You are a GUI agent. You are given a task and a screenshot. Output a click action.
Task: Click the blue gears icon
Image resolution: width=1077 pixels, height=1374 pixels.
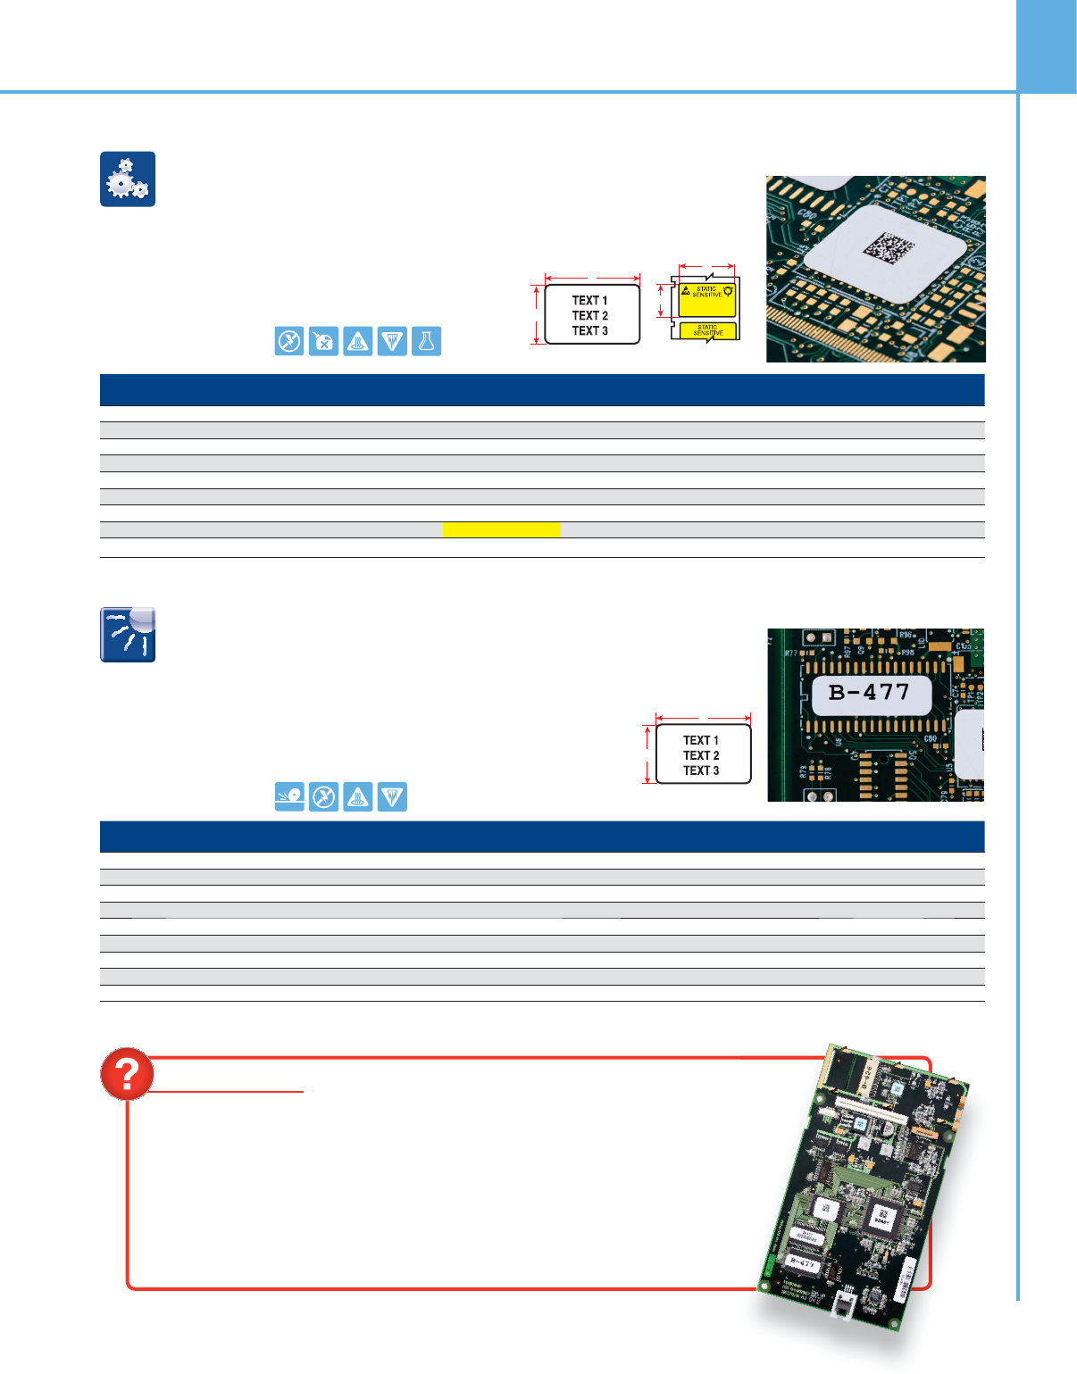pos(128,179)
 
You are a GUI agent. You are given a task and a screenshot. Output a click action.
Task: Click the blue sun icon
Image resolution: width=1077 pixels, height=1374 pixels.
pos(128,635)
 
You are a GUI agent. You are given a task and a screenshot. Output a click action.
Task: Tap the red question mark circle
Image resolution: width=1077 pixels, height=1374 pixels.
pos(127,1074)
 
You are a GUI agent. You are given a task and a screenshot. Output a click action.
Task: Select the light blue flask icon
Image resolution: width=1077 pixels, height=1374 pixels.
pos(427,342)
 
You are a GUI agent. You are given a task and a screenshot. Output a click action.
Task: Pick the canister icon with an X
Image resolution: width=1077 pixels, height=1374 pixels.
pos(323,342)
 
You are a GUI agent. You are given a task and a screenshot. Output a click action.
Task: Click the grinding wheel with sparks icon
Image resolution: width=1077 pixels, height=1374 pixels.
pos(289,796)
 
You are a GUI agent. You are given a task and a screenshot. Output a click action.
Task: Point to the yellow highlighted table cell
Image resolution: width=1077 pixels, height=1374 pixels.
pos(501,529)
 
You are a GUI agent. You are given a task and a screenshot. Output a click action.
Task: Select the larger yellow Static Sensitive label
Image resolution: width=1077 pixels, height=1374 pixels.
pos(706,300)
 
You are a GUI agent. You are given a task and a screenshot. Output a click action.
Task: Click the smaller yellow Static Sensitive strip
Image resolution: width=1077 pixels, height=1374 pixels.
pos(707,331)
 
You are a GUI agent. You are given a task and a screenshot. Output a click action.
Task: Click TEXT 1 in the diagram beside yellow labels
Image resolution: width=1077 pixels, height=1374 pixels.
pos(589,301)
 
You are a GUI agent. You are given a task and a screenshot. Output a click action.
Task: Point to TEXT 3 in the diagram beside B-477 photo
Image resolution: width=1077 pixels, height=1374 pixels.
pos(701,770)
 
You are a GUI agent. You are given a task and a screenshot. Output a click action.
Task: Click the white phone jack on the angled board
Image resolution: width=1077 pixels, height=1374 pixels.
pos(844,1307)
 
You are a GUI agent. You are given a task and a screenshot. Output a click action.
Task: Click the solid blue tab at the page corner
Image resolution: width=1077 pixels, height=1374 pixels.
pos(1047,46)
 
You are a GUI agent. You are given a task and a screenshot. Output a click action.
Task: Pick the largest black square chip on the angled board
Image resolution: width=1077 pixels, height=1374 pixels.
pos(881,1215)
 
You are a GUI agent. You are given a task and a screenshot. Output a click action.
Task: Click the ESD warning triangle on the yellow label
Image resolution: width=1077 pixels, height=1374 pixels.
pos(686,290)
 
